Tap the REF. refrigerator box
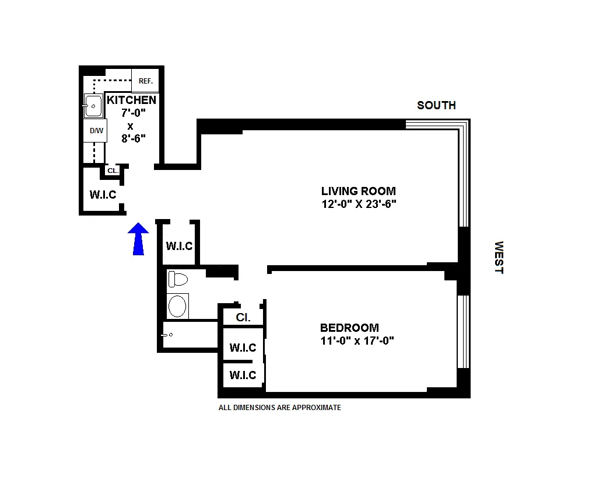point(145,81)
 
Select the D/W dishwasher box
point(96,131)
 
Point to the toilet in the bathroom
point(177,279)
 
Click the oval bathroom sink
point(177,306)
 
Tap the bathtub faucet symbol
point(167,335)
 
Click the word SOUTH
point(436,105)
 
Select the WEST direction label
point(499,257)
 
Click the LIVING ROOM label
point(358,191)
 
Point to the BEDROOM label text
point(349,328)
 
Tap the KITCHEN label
point(131,100)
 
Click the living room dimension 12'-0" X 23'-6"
point(358,204)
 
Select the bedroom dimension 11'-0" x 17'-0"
point(357,341)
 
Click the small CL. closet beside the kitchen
point(112,171)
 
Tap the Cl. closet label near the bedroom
point(243,318)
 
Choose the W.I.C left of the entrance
point(103,195)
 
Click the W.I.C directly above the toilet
point(179,246)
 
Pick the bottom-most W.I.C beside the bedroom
point(243,375)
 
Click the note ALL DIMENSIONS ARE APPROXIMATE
point(279,408)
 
